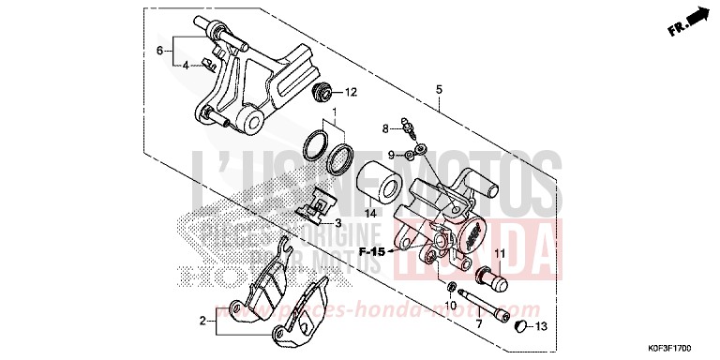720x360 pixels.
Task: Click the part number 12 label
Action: click(351, 92)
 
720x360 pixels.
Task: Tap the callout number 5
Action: click(438, 89)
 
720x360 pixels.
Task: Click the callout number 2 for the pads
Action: click(201, 322)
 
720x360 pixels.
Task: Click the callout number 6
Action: click(160, 50)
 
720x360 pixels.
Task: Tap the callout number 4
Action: click(187, 65)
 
